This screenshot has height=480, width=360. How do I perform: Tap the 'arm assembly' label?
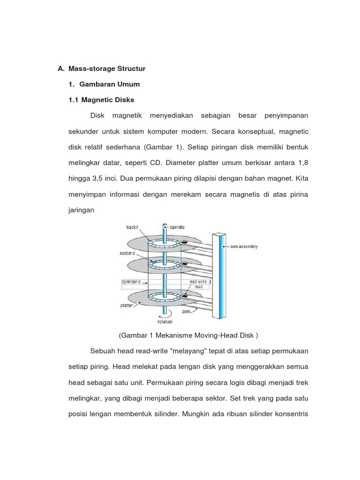point(243,247)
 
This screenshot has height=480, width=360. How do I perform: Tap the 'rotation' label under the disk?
point(165,322)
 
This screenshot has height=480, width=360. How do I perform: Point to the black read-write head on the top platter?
point(185,242)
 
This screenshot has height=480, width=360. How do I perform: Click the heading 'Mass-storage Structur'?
point(107,68)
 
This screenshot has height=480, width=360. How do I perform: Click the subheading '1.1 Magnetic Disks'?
point(101,100)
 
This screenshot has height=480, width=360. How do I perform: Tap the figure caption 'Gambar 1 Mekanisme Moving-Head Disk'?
point(189,335)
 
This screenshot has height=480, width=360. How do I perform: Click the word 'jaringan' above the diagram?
point(82,210)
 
